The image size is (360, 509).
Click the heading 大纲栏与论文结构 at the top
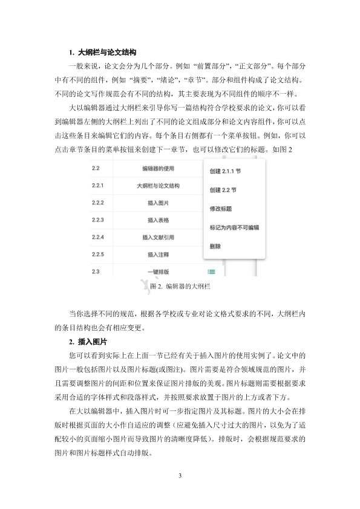click(106, 52)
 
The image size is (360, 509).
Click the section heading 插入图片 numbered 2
click(91, 341)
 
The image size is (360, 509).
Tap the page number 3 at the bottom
click(180, 475)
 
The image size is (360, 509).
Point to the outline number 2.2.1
click(98, 186)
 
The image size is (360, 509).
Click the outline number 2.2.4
click(98, 237)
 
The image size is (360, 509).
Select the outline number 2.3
click(96, 271)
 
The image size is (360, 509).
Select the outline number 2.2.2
click(98, 203)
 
